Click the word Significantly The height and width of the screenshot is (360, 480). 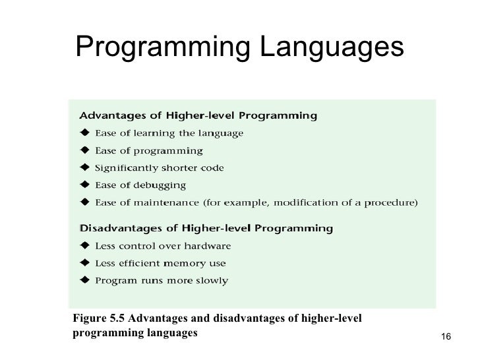pos(127,167)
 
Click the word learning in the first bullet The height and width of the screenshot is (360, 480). pos(156,133)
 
